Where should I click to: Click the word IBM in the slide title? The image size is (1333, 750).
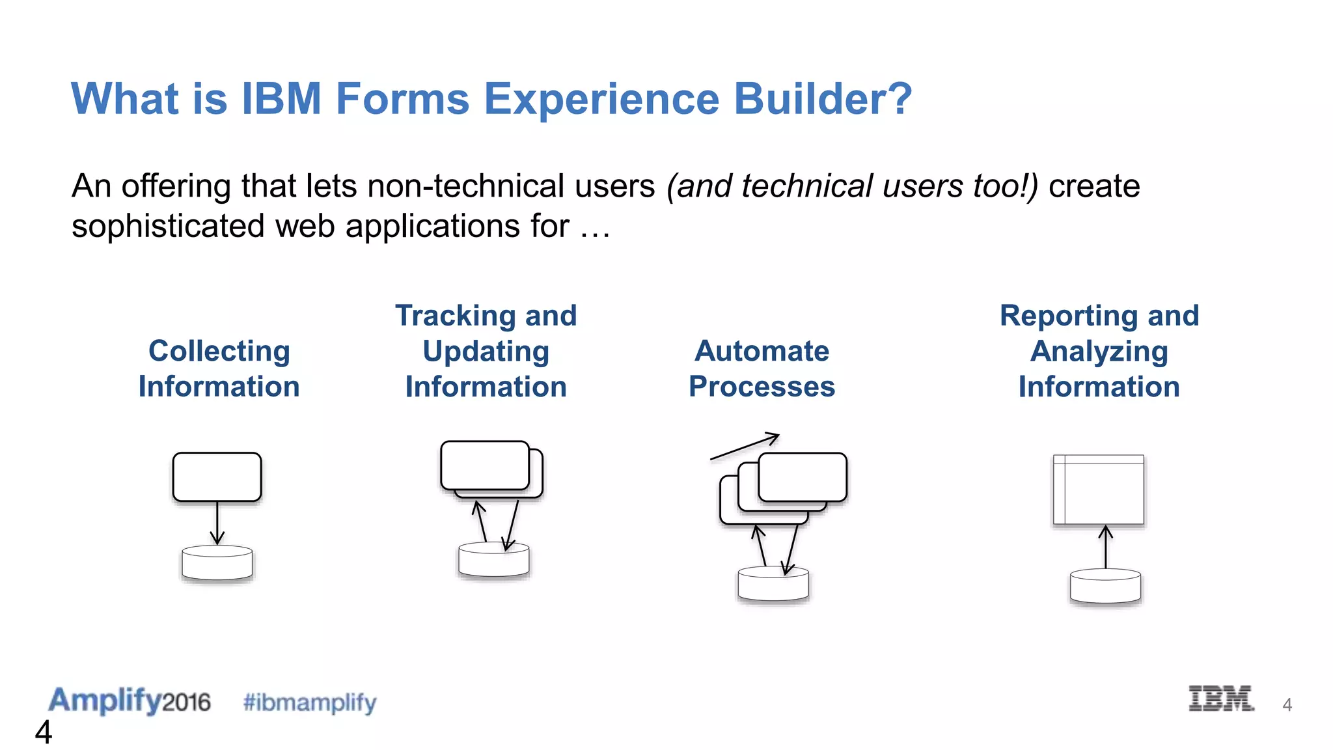(281, 99)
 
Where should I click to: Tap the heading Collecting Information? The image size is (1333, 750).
(219, 368)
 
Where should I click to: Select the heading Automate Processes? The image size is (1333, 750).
(762, 368)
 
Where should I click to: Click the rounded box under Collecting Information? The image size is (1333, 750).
(217, 477)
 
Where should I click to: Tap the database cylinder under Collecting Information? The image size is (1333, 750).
(217, 563)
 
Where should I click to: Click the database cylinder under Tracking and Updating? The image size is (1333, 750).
(493, 561)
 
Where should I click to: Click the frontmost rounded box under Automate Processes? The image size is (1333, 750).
(802, 477)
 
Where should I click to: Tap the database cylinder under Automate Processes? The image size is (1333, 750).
(773, 585)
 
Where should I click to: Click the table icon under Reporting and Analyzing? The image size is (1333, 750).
(1099, 490)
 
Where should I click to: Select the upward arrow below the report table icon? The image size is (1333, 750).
(1105, 547)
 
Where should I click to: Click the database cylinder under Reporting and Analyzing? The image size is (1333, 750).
(1105, 587)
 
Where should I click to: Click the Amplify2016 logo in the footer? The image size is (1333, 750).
(129, 701)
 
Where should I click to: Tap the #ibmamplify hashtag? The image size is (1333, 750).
(309, 702)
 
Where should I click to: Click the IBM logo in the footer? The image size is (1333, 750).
(1220, 699)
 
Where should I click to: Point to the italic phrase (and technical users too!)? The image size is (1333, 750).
(851, 186)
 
